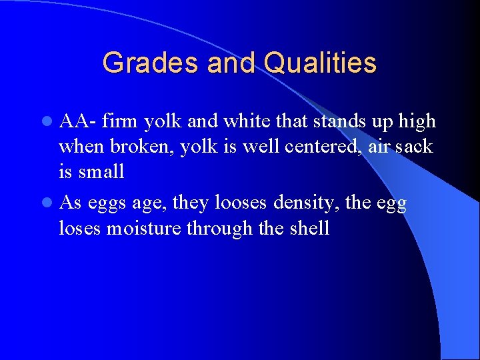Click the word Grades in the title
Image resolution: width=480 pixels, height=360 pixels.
[151, 63]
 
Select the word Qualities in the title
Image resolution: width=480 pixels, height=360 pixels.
[320, 63]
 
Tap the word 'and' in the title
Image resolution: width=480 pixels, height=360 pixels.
[231, 63]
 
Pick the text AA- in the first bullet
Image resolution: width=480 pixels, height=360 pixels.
[78, 121]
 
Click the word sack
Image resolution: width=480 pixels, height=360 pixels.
[414, 147]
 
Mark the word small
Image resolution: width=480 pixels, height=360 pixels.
[101, 171]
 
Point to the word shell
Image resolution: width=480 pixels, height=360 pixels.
[309, 229]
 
